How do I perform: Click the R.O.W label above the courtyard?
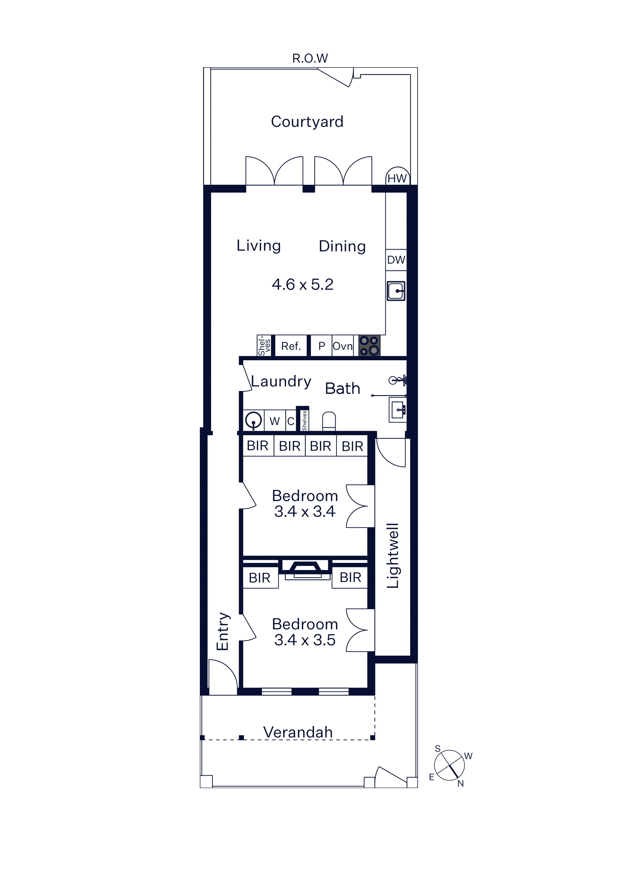(310, 58)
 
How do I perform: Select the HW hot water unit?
(397, 176)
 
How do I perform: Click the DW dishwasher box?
(396, 260)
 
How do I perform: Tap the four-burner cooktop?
(369, 346)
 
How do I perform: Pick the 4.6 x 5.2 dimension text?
(303, 284)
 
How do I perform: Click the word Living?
(259, 246)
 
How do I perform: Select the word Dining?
(342, 247)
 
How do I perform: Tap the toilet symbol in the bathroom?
(329, 421)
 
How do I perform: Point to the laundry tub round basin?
(253, 421)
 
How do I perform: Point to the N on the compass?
(461, 783)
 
